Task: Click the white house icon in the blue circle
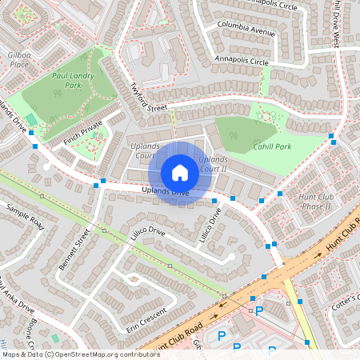click(x=180, y=173)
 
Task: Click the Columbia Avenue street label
click(x=245, y=30)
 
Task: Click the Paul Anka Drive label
click(x=16, y=294)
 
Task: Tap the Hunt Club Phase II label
click(x=314, y=201)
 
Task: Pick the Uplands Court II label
click(x=213, y=165)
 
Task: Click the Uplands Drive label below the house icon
click(x=165, y=191)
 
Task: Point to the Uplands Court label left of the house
click(x=145, y=151)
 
